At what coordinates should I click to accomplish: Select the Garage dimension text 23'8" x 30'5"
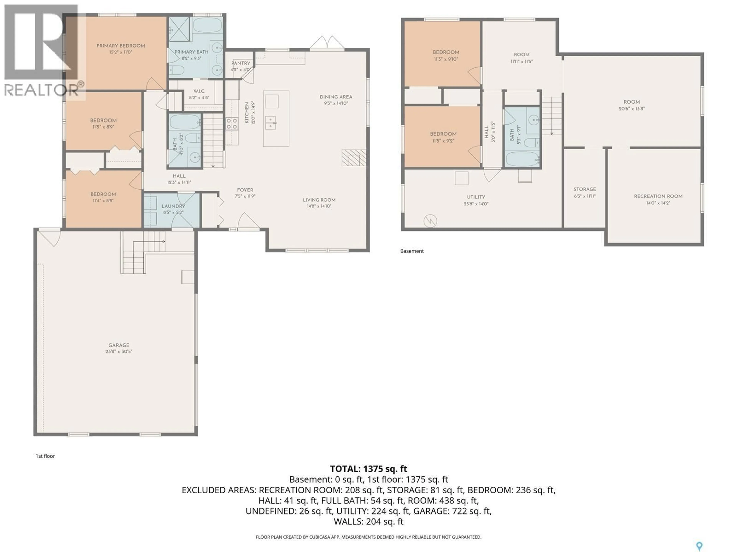(119, 351)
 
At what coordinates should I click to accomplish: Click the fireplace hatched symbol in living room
(354, 158)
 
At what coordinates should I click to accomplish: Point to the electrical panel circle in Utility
(430, 221)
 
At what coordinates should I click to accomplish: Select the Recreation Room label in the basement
(658, 196)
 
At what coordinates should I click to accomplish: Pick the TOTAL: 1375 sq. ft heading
(368, 469)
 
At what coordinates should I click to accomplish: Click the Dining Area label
(336, 97)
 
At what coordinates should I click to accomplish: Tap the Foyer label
(245, 190)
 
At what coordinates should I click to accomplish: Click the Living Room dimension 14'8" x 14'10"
(319, 206)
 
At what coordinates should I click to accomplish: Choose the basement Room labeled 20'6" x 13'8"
(632, 105)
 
